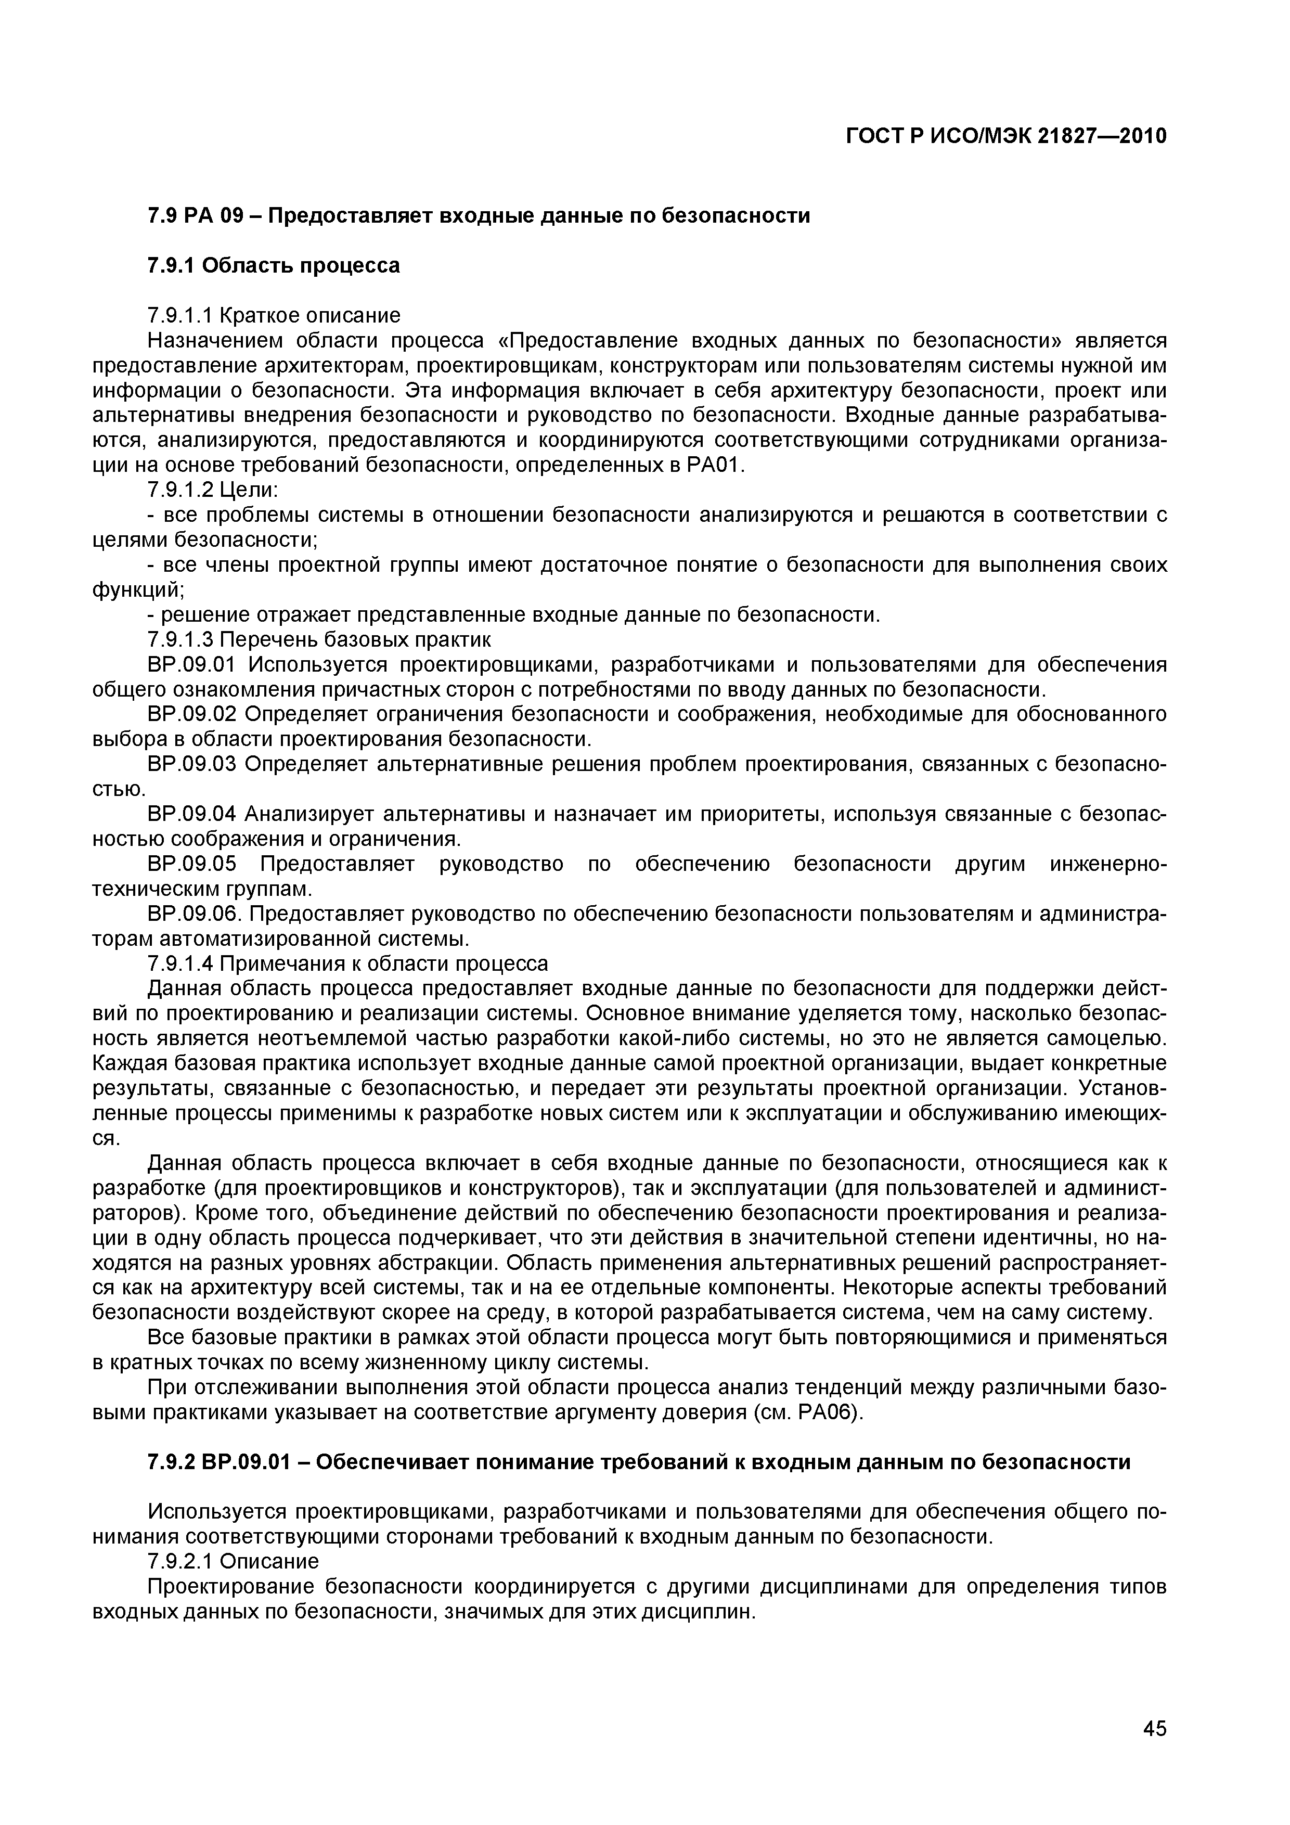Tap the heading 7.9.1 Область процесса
click(x=274, y=265)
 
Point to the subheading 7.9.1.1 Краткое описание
click(x=274, y=316)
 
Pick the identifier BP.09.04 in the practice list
click(x=192, y=814)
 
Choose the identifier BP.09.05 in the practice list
click(x=192, y=864)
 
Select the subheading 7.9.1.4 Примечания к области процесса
click(x=348, y=963)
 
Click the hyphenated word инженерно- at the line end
click(x=1108, y=864)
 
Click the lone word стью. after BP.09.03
click(x=119, y=789)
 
